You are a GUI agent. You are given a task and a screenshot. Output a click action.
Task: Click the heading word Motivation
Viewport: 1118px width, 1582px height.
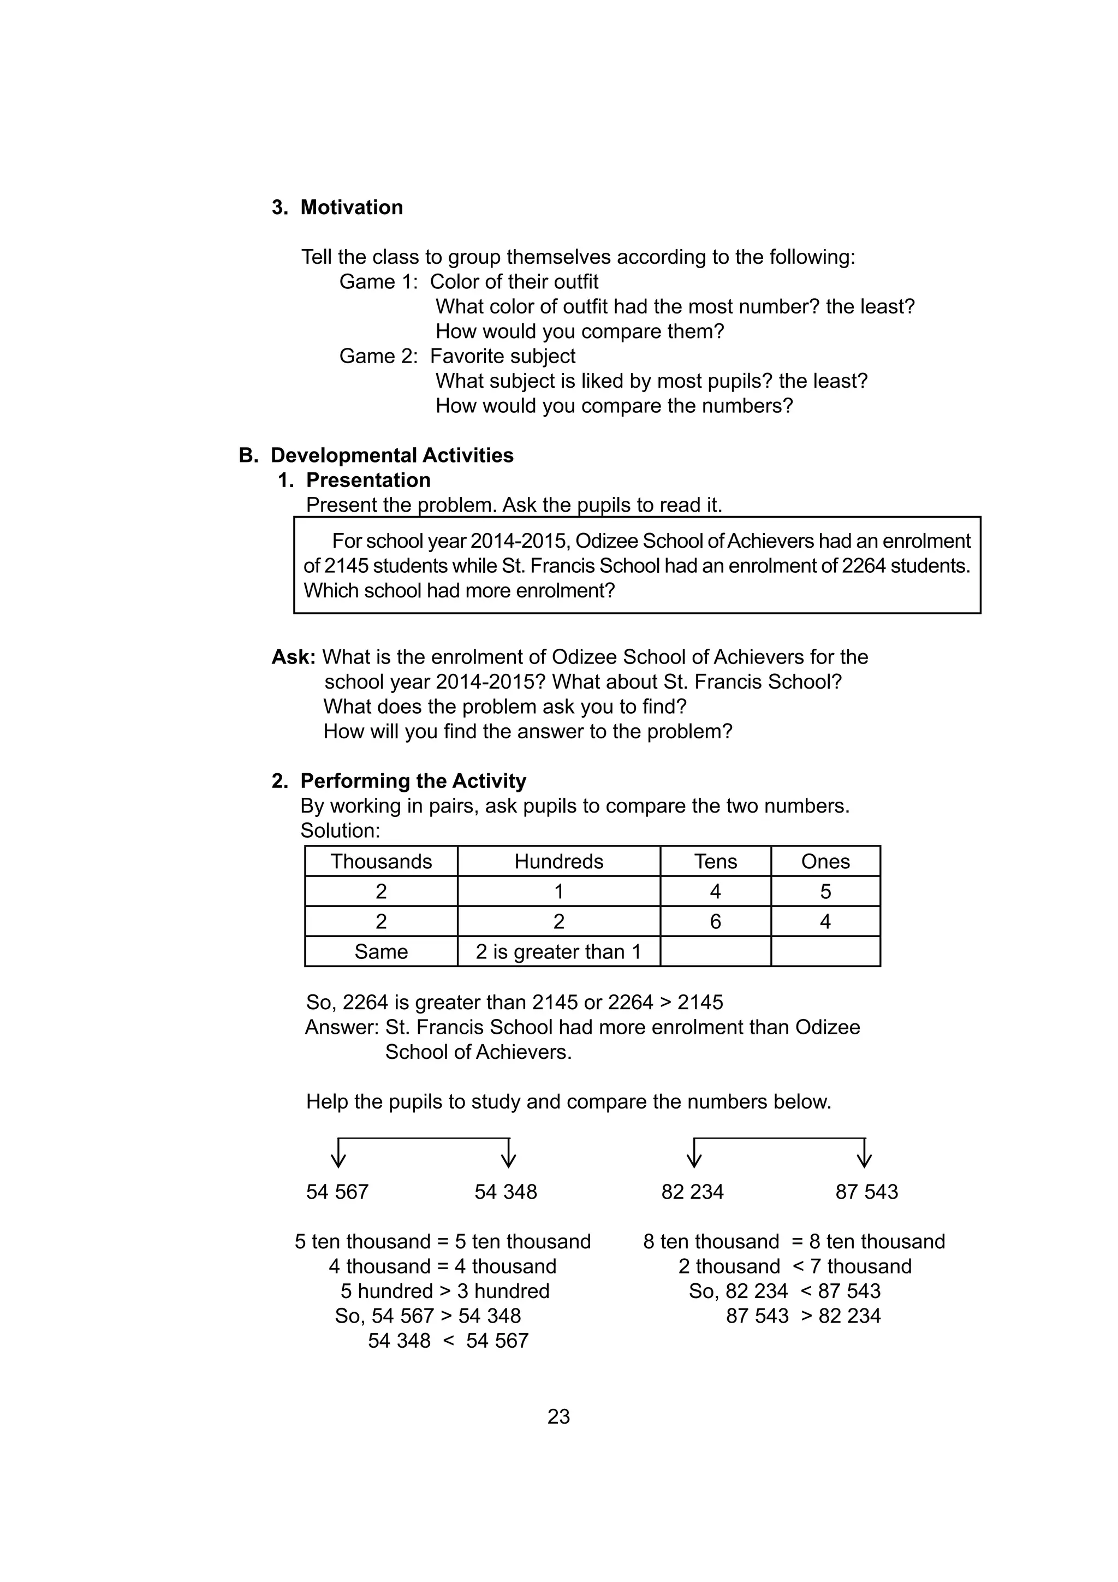coord(352,208)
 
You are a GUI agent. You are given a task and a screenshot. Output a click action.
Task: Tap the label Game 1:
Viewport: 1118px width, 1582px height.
coord(378,282)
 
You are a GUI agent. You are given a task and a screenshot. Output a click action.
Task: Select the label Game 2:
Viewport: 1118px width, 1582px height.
coord(378,356)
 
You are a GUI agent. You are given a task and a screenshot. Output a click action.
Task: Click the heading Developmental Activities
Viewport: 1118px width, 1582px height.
coord(391,455)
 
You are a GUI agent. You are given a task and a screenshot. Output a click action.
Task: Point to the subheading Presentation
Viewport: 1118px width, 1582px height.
coord(368,480)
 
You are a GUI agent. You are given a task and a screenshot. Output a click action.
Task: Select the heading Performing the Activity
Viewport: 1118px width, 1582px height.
coord(413,781)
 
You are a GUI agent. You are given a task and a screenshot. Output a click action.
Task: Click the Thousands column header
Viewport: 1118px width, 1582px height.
coord(381,861)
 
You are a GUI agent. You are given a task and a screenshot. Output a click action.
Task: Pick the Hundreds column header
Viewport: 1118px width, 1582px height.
coord(558,861)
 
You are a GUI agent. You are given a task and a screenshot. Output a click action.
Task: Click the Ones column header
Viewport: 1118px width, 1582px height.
coord(825,861)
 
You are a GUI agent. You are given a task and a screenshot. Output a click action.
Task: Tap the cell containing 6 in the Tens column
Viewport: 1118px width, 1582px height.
coord(715,921)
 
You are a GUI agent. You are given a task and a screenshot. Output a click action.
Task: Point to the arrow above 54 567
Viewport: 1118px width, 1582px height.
coord(338,1153)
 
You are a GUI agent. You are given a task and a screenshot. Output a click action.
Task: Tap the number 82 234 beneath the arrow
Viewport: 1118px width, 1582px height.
coord(692,1192)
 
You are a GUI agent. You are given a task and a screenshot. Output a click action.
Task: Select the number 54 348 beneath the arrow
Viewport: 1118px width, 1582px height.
coord(506,1192)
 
